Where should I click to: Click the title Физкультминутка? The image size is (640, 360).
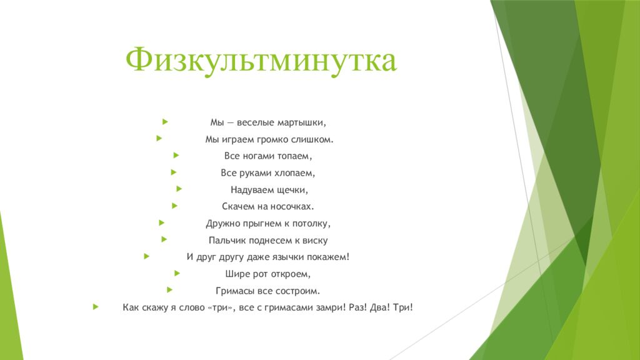(x=261, y=61)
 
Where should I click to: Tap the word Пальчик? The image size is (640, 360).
(x=226, y=240)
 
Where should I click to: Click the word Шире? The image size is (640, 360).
(x=236, y=274)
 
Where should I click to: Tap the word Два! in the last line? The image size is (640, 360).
(x=381, y=307)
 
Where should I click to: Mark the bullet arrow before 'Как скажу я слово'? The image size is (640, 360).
(x=95, y=307)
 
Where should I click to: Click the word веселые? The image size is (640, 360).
(x=255, y=122)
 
